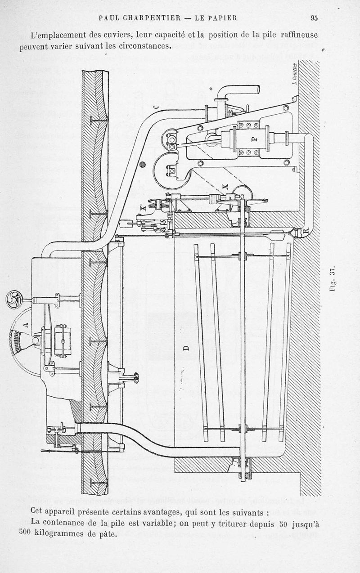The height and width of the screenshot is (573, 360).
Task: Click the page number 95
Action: click(314, 18)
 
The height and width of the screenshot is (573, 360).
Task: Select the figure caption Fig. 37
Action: click(333, 279)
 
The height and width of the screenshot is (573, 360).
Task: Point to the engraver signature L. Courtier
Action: click(293, 73)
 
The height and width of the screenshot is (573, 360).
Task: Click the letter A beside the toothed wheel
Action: click(25, 323)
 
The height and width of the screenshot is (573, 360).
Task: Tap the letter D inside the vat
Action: click(186, 347)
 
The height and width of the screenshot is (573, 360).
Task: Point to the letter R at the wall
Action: click(306, 231)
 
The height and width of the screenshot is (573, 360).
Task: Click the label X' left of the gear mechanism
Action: click(143, 208)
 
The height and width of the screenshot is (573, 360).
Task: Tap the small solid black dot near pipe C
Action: click(143, 165)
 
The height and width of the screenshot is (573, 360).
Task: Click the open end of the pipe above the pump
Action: click(257, 89)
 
